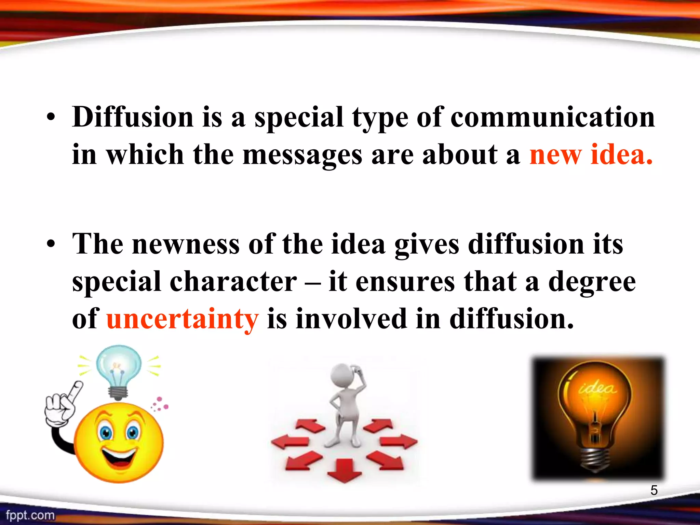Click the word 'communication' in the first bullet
[x=552, y=117]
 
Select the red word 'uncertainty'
[x=183, y=319]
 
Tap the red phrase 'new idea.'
[x=591, y=155]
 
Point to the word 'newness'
[x=186, y=244]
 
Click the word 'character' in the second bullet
[x=233, y=282]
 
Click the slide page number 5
[x=654, y=490]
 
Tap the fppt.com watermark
[x=30, y=515]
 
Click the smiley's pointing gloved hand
[x=63, y=407]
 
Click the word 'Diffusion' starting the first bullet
[x=133, y=117]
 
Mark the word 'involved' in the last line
[x=351, y=319]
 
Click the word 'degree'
[x=592, y=282]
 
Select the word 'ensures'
[x=405, y=282]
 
